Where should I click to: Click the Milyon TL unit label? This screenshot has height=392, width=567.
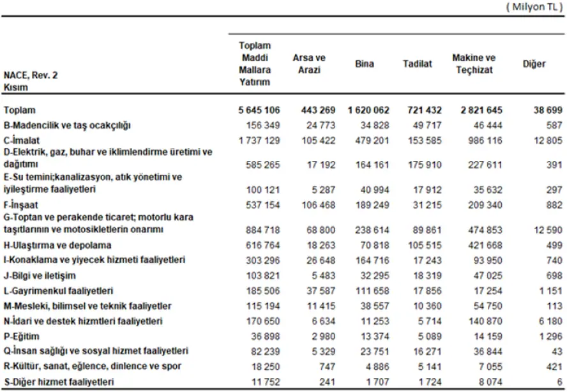click(534, 7)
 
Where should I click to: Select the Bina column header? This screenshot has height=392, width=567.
click(365, 64)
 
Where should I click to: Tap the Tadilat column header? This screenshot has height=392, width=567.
click(418, 64)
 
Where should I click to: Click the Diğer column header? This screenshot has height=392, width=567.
click(534, 64)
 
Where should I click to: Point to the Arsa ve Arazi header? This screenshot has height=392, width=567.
click(309, 64)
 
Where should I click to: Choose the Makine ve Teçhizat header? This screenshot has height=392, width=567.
click(474, 64)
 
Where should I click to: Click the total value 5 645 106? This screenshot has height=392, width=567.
click(259, 110)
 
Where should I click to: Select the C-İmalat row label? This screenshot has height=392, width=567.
click(21, 140)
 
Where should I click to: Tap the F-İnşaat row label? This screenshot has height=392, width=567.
click(20, 205)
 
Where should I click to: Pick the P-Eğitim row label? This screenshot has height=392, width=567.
click(21, 336)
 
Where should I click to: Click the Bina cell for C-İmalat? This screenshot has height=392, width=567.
click(372, 140)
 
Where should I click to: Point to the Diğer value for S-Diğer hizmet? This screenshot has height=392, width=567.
click(559, 382)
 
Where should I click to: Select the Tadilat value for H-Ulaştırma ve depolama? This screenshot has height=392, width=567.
click(425, 245)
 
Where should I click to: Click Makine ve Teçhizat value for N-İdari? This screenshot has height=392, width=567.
click(485, 321)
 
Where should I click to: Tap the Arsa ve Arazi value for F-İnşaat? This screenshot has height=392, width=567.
click(319, 205)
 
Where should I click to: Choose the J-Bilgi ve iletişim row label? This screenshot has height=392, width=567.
click(40, 276)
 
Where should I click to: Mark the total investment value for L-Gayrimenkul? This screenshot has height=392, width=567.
click(263, 290)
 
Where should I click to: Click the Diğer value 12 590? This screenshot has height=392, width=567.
click(548, 230)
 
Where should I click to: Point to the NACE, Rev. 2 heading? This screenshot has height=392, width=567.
click(31, 75)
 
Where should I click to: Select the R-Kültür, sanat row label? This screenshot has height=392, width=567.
click(92, 366)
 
